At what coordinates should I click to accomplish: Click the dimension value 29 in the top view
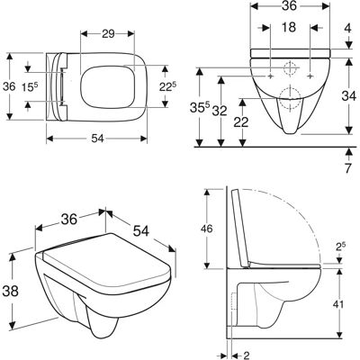point(108,34)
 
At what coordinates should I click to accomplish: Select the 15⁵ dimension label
point(30,86)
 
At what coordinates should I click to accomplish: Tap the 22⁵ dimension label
point(167,87)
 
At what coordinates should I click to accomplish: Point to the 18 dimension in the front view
point(289,27)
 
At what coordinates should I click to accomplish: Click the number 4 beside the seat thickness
point(347,28)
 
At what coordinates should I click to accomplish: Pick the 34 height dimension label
point(348,96)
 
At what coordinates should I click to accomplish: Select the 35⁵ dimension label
point(199,108)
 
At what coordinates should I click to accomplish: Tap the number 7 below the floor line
point(347,168)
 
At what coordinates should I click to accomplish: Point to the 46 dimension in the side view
point(206,229)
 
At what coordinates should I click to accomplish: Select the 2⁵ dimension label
point(339,247)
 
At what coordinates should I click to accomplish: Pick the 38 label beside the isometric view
point(11,291)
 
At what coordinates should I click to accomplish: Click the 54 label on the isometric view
point(141,230)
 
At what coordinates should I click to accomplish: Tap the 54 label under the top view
point(97,139)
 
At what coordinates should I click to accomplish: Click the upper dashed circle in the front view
point(290,68)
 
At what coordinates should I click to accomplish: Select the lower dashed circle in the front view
point(290,97)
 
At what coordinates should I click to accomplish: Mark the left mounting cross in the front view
point(271,76)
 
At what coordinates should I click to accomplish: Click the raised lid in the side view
point(241,228)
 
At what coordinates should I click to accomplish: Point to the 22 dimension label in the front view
point(241,122)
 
